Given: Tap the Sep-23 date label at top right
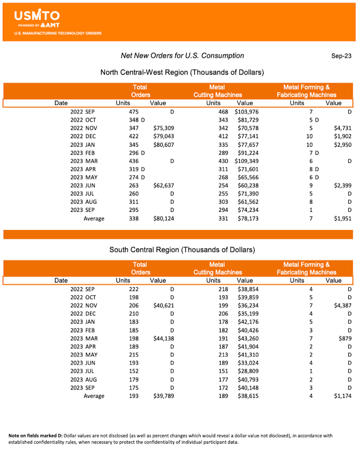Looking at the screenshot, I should [341, 56].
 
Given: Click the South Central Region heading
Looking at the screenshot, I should [182, 249].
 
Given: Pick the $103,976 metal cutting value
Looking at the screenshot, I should [246, 112].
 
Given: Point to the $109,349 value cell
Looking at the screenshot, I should [246, 161].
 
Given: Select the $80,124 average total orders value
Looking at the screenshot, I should [163, 219].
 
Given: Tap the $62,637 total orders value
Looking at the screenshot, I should [163, 186].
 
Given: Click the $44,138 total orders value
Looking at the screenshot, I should [163, 338].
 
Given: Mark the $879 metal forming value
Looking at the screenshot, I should [344, 338].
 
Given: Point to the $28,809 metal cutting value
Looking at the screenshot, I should [248, 371].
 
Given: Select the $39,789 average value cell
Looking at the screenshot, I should [163, 396].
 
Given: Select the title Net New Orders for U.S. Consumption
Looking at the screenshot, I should [182, 56].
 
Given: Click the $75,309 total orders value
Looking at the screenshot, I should [163, 128].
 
